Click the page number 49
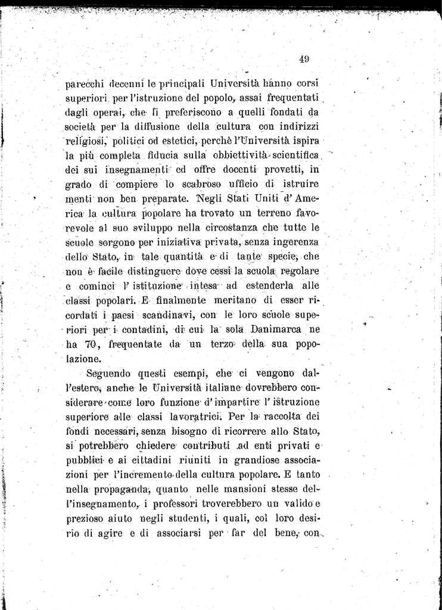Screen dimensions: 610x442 click(304, 58)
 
